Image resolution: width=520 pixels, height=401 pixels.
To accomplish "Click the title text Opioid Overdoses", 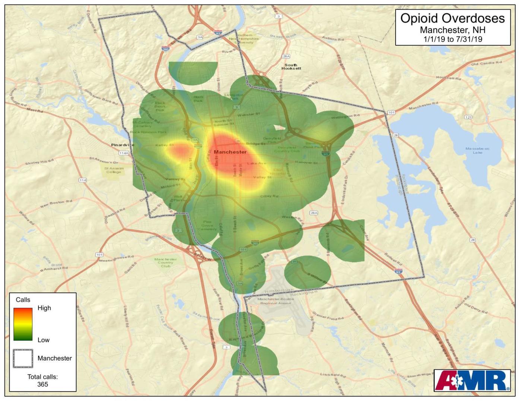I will point(452,18).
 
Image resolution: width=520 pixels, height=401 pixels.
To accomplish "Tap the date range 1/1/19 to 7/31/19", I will point(452,39).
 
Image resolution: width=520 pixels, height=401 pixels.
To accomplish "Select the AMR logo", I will point(472,381).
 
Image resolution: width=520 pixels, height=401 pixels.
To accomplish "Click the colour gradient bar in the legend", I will point(23,324).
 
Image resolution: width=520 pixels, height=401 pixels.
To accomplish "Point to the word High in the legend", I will point(44,308).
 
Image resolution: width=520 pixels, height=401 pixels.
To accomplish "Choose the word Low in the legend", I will point(43,340).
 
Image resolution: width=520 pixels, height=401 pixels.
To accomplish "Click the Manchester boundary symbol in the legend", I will point(23,358).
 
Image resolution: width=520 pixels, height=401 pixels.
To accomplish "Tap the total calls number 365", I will point(42,384).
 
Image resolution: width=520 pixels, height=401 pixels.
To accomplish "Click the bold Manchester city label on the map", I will point(230,152).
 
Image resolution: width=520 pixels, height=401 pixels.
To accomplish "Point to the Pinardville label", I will point(123,145).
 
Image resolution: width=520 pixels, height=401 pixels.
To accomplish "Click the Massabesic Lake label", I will point(478,150).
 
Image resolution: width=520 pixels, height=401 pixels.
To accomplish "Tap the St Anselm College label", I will point(114,170).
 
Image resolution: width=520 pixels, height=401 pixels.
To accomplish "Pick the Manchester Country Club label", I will point(165,263).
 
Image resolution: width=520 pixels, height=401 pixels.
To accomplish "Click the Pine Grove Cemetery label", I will point(207,225).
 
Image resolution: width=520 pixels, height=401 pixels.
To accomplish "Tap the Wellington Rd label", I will point(345,116).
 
